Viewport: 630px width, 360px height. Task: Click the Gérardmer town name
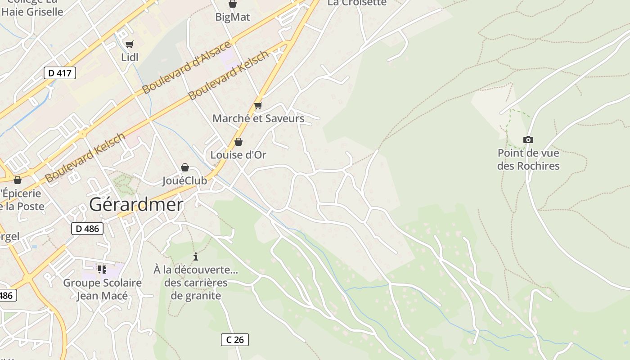[x=136, y=205]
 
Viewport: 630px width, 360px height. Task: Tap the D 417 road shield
[x=59, y=73]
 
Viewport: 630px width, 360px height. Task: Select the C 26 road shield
[x=235, y=340]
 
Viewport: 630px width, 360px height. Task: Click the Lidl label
[x=130, y=57]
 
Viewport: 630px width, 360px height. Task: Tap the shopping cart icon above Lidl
[x=130, y=44]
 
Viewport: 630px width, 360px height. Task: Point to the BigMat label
[x=232, y=17]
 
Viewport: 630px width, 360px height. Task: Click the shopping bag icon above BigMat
[x=233, y=4]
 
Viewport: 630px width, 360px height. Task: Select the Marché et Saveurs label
[x=258, y=119]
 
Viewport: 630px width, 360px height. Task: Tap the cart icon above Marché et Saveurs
[x=258, y=106]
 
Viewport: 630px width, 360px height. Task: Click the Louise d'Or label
[x=238, y=155]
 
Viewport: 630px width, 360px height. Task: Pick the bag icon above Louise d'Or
[x=238, y=142]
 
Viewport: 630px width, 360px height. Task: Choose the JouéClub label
[x=184, y=181]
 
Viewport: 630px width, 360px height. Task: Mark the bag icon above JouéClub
[x=184, y=167]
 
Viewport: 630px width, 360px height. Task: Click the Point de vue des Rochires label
[x=528, y=159]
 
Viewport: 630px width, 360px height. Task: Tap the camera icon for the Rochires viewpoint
[x=528, y=140]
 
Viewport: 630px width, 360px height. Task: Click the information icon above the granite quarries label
[x=196, y=257]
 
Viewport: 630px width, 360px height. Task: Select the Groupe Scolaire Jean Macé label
[x=102, y=289]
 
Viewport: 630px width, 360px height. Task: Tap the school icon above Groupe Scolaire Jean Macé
[x=102, y=270]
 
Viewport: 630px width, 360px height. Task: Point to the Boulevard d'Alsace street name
[x=186, y=67]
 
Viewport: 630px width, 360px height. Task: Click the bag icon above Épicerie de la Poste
[x=18, y=180]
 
